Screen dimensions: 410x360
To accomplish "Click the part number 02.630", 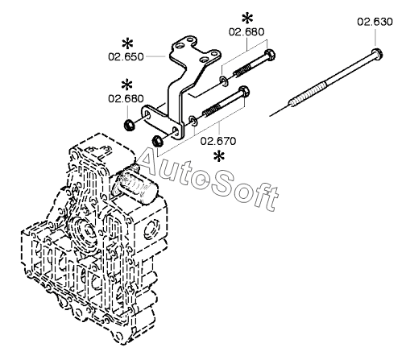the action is click(x=375, y=22).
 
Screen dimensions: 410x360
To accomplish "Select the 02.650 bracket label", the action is click(x=126, y=57).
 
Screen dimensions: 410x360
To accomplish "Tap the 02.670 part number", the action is click(x=218, y=141).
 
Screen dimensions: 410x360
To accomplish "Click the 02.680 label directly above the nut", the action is click(x=126, y=98).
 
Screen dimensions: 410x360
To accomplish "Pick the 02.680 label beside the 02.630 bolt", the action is click(x=246, y=31).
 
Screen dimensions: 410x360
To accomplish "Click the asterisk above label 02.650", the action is click(x=127, y=44).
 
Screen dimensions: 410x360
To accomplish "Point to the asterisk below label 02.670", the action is click(x=219, y=156).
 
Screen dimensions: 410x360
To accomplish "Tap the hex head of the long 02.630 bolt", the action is click(x=377, y=53).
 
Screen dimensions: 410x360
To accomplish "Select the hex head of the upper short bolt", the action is click(x=270, y=55).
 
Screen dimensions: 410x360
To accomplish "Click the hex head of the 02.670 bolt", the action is click(x=243, y=91).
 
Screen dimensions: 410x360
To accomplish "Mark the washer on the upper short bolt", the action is click(x=224, y=81).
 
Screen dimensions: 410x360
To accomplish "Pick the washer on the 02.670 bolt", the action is click(x=193, y=121).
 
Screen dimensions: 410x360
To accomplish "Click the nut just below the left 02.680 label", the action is click(x=128, y=126).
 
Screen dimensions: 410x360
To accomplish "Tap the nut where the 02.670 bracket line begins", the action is click(x=156, y=141).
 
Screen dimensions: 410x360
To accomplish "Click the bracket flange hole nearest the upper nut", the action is click(x=148, y=115).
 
